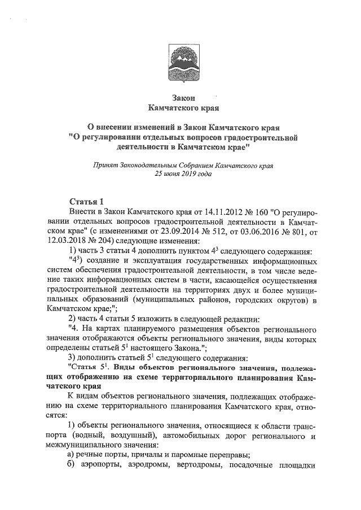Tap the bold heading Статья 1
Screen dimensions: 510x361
(x=86, y=201)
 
